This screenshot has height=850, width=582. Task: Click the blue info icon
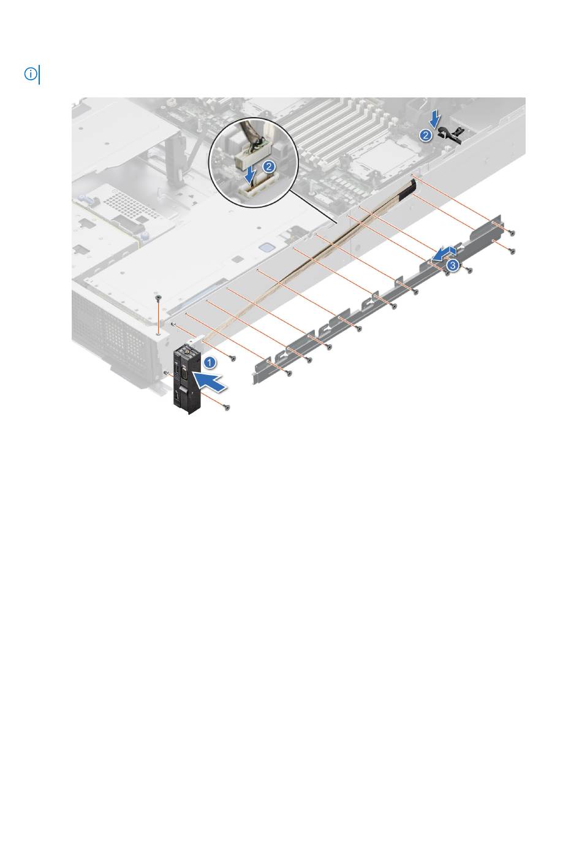point(31,74)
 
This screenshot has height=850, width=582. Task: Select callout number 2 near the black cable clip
point(426,135)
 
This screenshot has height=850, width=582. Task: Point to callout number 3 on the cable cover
point(452,265)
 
